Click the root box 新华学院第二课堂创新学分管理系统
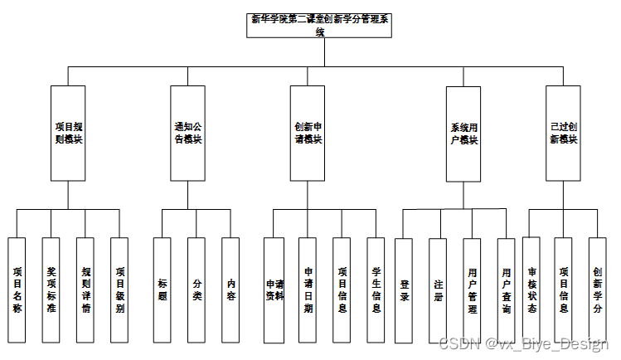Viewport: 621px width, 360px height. click(320, 26)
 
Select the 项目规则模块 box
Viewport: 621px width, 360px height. click(68, 134)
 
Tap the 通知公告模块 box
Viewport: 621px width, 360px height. click(187, 134)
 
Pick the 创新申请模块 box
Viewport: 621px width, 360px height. click(308, 134)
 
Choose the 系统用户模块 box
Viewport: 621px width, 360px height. click(463, 134)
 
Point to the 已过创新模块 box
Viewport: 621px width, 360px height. click(564, 134)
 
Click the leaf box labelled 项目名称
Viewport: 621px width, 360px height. click(17, 289)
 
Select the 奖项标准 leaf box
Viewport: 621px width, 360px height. click(51, 289)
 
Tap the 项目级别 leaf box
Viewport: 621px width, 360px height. click(120, 289)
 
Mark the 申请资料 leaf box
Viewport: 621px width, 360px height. click(274, 289)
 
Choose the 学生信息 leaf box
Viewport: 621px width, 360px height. click(376, 289)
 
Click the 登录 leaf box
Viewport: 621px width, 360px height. click(404, 289)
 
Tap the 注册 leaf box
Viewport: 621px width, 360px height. click(438, 289)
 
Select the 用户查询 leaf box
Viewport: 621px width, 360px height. click(506, 289)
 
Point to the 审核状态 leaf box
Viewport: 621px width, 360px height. click(531, 289)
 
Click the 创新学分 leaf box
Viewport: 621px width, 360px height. click(598, 289)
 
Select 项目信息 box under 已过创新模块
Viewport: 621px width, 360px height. click(564, 289)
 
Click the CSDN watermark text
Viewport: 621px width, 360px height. click(523, 344)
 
